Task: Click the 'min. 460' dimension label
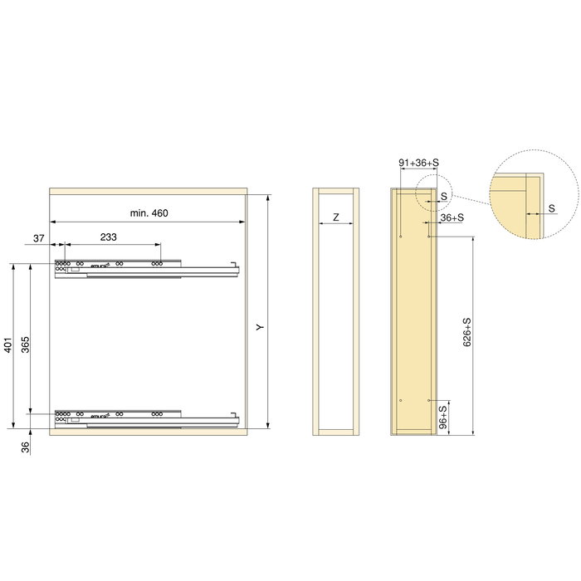pyautogui.click(x=149, y=213)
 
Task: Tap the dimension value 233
pyautogui.click(x=108, y=237)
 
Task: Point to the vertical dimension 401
pyautogui.click(x=7, y=345)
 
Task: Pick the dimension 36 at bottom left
pyautogui.click(x=25, y=447)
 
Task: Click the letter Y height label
pyautogui.click(x=260, y=329)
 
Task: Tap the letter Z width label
pyautogui.click(x=334, y=217)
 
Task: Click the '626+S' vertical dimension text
pyautogui.click(x=467, y=332)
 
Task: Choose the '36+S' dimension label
pyautogui.click(x=452, y=217)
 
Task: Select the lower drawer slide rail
pyautogui.click(x=145, y=415)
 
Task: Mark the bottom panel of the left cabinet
pyautogui.click(x=149, y=432)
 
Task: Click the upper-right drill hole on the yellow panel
pyautogui.click(x=428, y=237)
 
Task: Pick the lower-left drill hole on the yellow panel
pyautogui.click(x=400, y=400)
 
